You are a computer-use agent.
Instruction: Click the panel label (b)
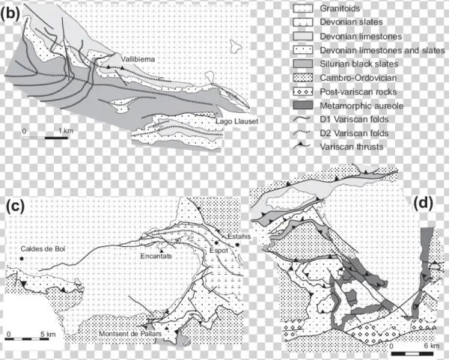coord(10,13)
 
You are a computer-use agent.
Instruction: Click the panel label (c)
coord(16,207)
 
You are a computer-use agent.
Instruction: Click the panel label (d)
coord(424,203)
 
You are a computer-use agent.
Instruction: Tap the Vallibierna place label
coord(138,59)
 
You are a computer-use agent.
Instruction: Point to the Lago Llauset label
coord(236,121)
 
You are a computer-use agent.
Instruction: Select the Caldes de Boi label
coord(43,249)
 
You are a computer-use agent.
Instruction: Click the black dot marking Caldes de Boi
coord(22,259)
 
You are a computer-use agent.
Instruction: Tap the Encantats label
coord(156,256)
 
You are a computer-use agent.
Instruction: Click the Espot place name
coord(219,250)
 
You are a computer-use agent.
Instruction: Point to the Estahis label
coord(239,237)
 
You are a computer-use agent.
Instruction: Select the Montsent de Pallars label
coord(130,334)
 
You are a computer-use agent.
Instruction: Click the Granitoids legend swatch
coord(302,8)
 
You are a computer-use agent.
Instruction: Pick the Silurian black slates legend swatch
coord(302,64)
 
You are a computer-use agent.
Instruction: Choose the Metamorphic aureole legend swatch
coord(302,106)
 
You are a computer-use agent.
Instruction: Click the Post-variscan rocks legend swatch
coord(302,91)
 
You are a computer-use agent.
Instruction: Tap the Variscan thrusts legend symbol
coord(302,146)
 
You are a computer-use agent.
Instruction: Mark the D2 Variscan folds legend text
coord(354,133)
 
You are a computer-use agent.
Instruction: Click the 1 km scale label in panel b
coord(66,131)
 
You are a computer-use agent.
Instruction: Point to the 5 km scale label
coord(48,335)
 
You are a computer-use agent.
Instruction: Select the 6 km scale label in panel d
coord(431,346)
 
